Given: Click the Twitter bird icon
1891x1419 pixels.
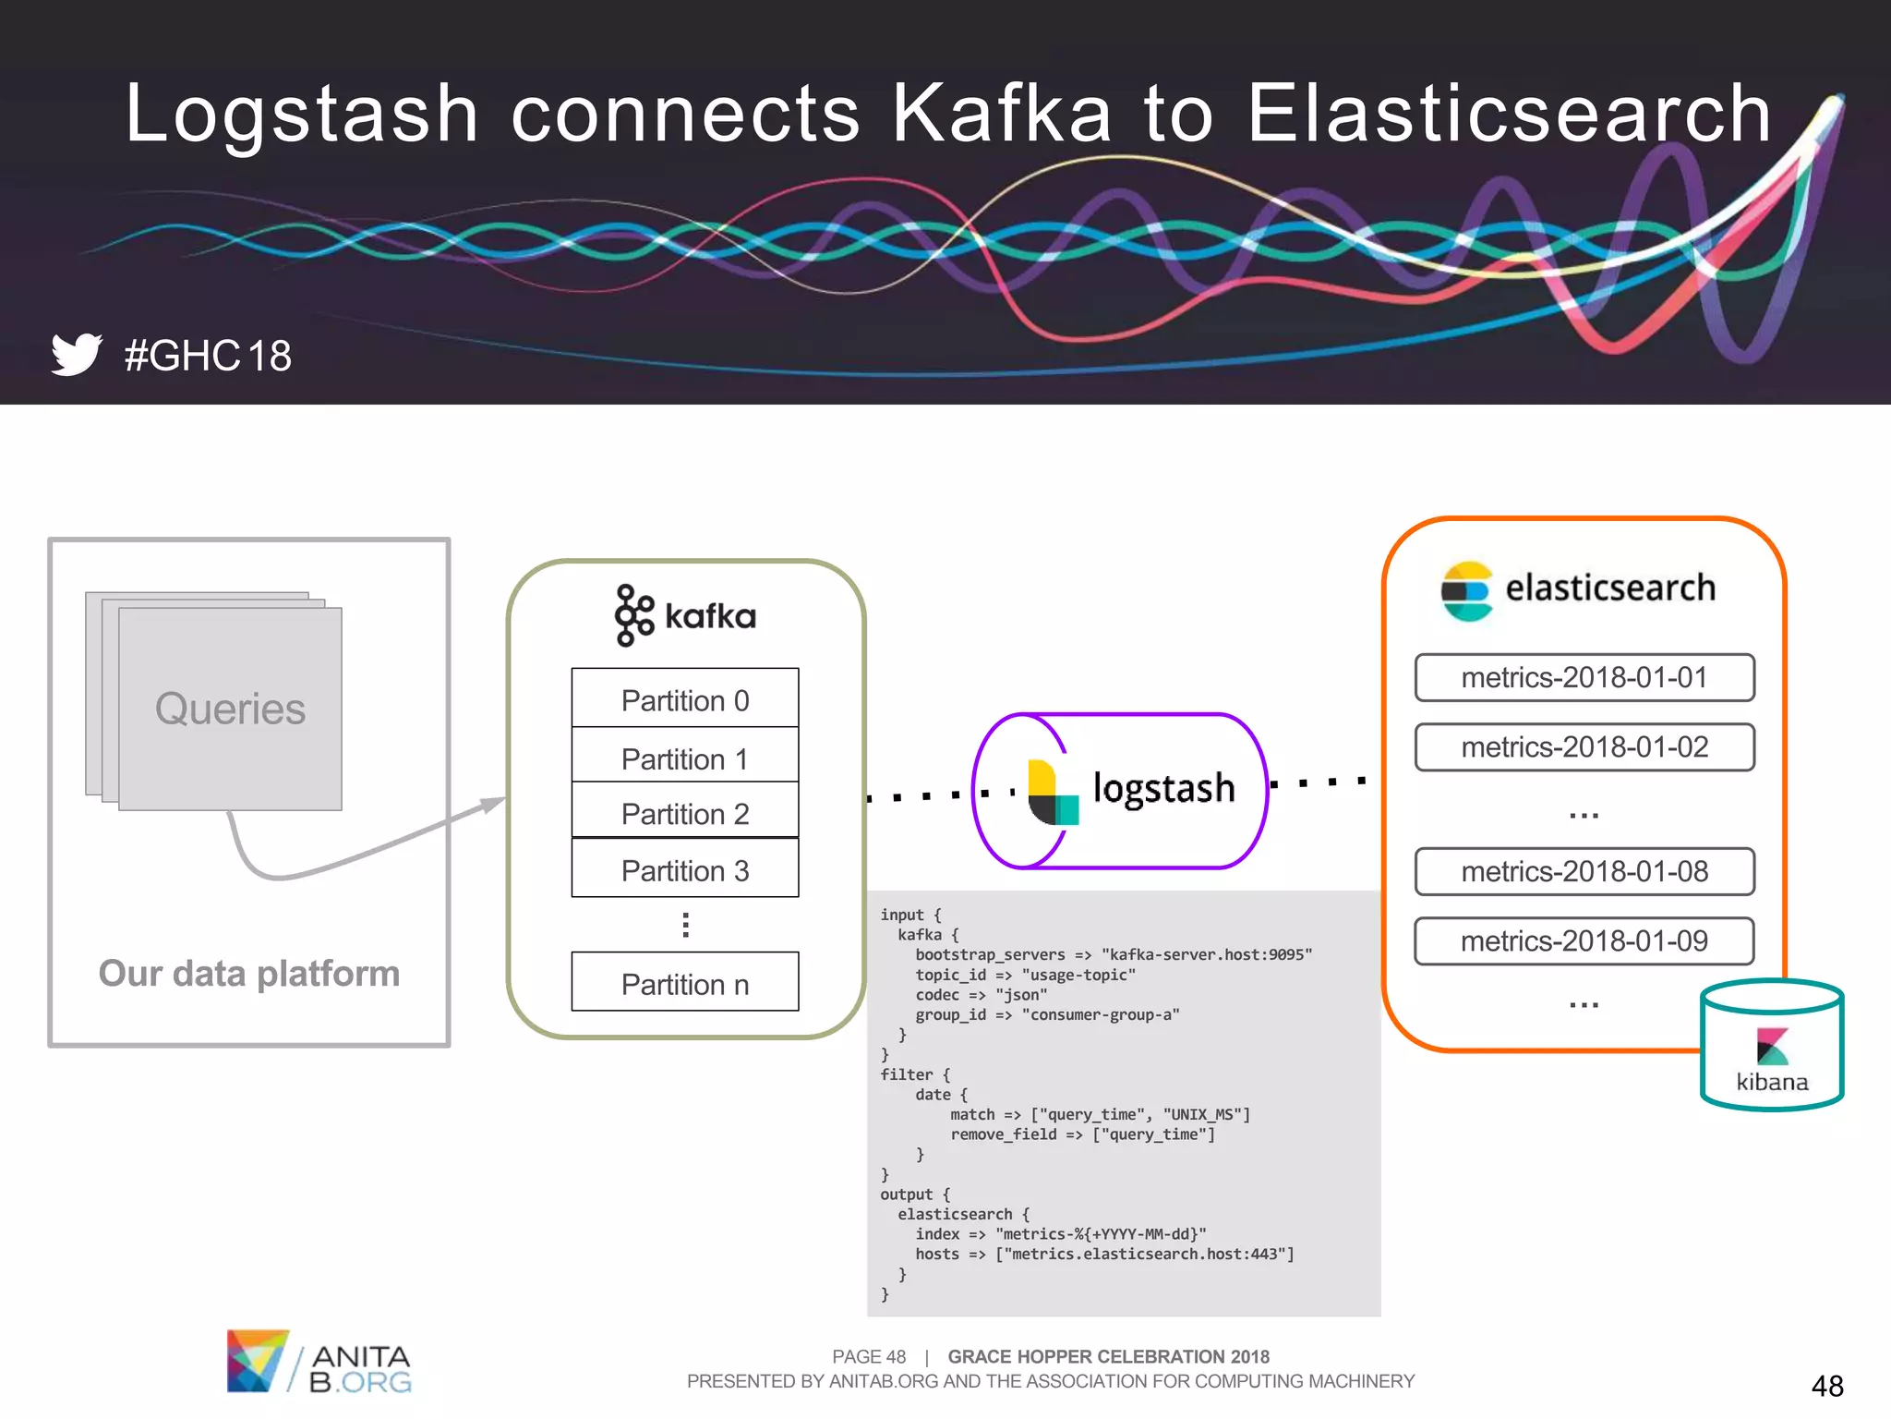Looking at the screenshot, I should (76, 354).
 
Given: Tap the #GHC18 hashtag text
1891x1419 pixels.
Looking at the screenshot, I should (208, 356).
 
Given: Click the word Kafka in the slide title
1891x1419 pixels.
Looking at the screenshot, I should (1001, 113).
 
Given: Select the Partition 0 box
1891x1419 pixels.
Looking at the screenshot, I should (684, 699).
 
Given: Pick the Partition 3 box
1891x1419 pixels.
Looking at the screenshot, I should (684, 869).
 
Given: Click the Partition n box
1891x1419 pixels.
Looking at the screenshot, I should (684, 983).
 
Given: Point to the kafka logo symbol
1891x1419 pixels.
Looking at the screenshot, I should (633, 614).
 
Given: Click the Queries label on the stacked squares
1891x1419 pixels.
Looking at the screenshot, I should (230, 709).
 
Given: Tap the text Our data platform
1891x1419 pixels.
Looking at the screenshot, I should (248, 973).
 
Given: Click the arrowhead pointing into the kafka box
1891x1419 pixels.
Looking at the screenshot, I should (494, 803).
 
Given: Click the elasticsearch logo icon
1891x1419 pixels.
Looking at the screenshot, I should (1466, 590).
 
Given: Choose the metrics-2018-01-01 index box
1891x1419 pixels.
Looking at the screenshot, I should (1584, 677).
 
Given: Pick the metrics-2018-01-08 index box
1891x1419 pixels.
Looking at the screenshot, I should (1584, 871).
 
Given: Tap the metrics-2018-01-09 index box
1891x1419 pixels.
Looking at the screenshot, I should (1584, 940).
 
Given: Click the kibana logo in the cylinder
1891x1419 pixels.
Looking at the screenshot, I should (1772, 1048).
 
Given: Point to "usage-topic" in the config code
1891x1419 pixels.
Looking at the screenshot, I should (1078, 975).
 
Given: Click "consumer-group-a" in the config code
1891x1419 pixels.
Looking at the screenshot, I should (1100, 1014).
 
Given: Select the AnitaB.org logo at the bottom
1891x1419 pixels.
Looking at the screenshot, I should (319, 1362).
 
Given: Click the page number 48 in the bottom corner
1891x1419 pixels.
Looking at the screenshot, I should (1826, 1386).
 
